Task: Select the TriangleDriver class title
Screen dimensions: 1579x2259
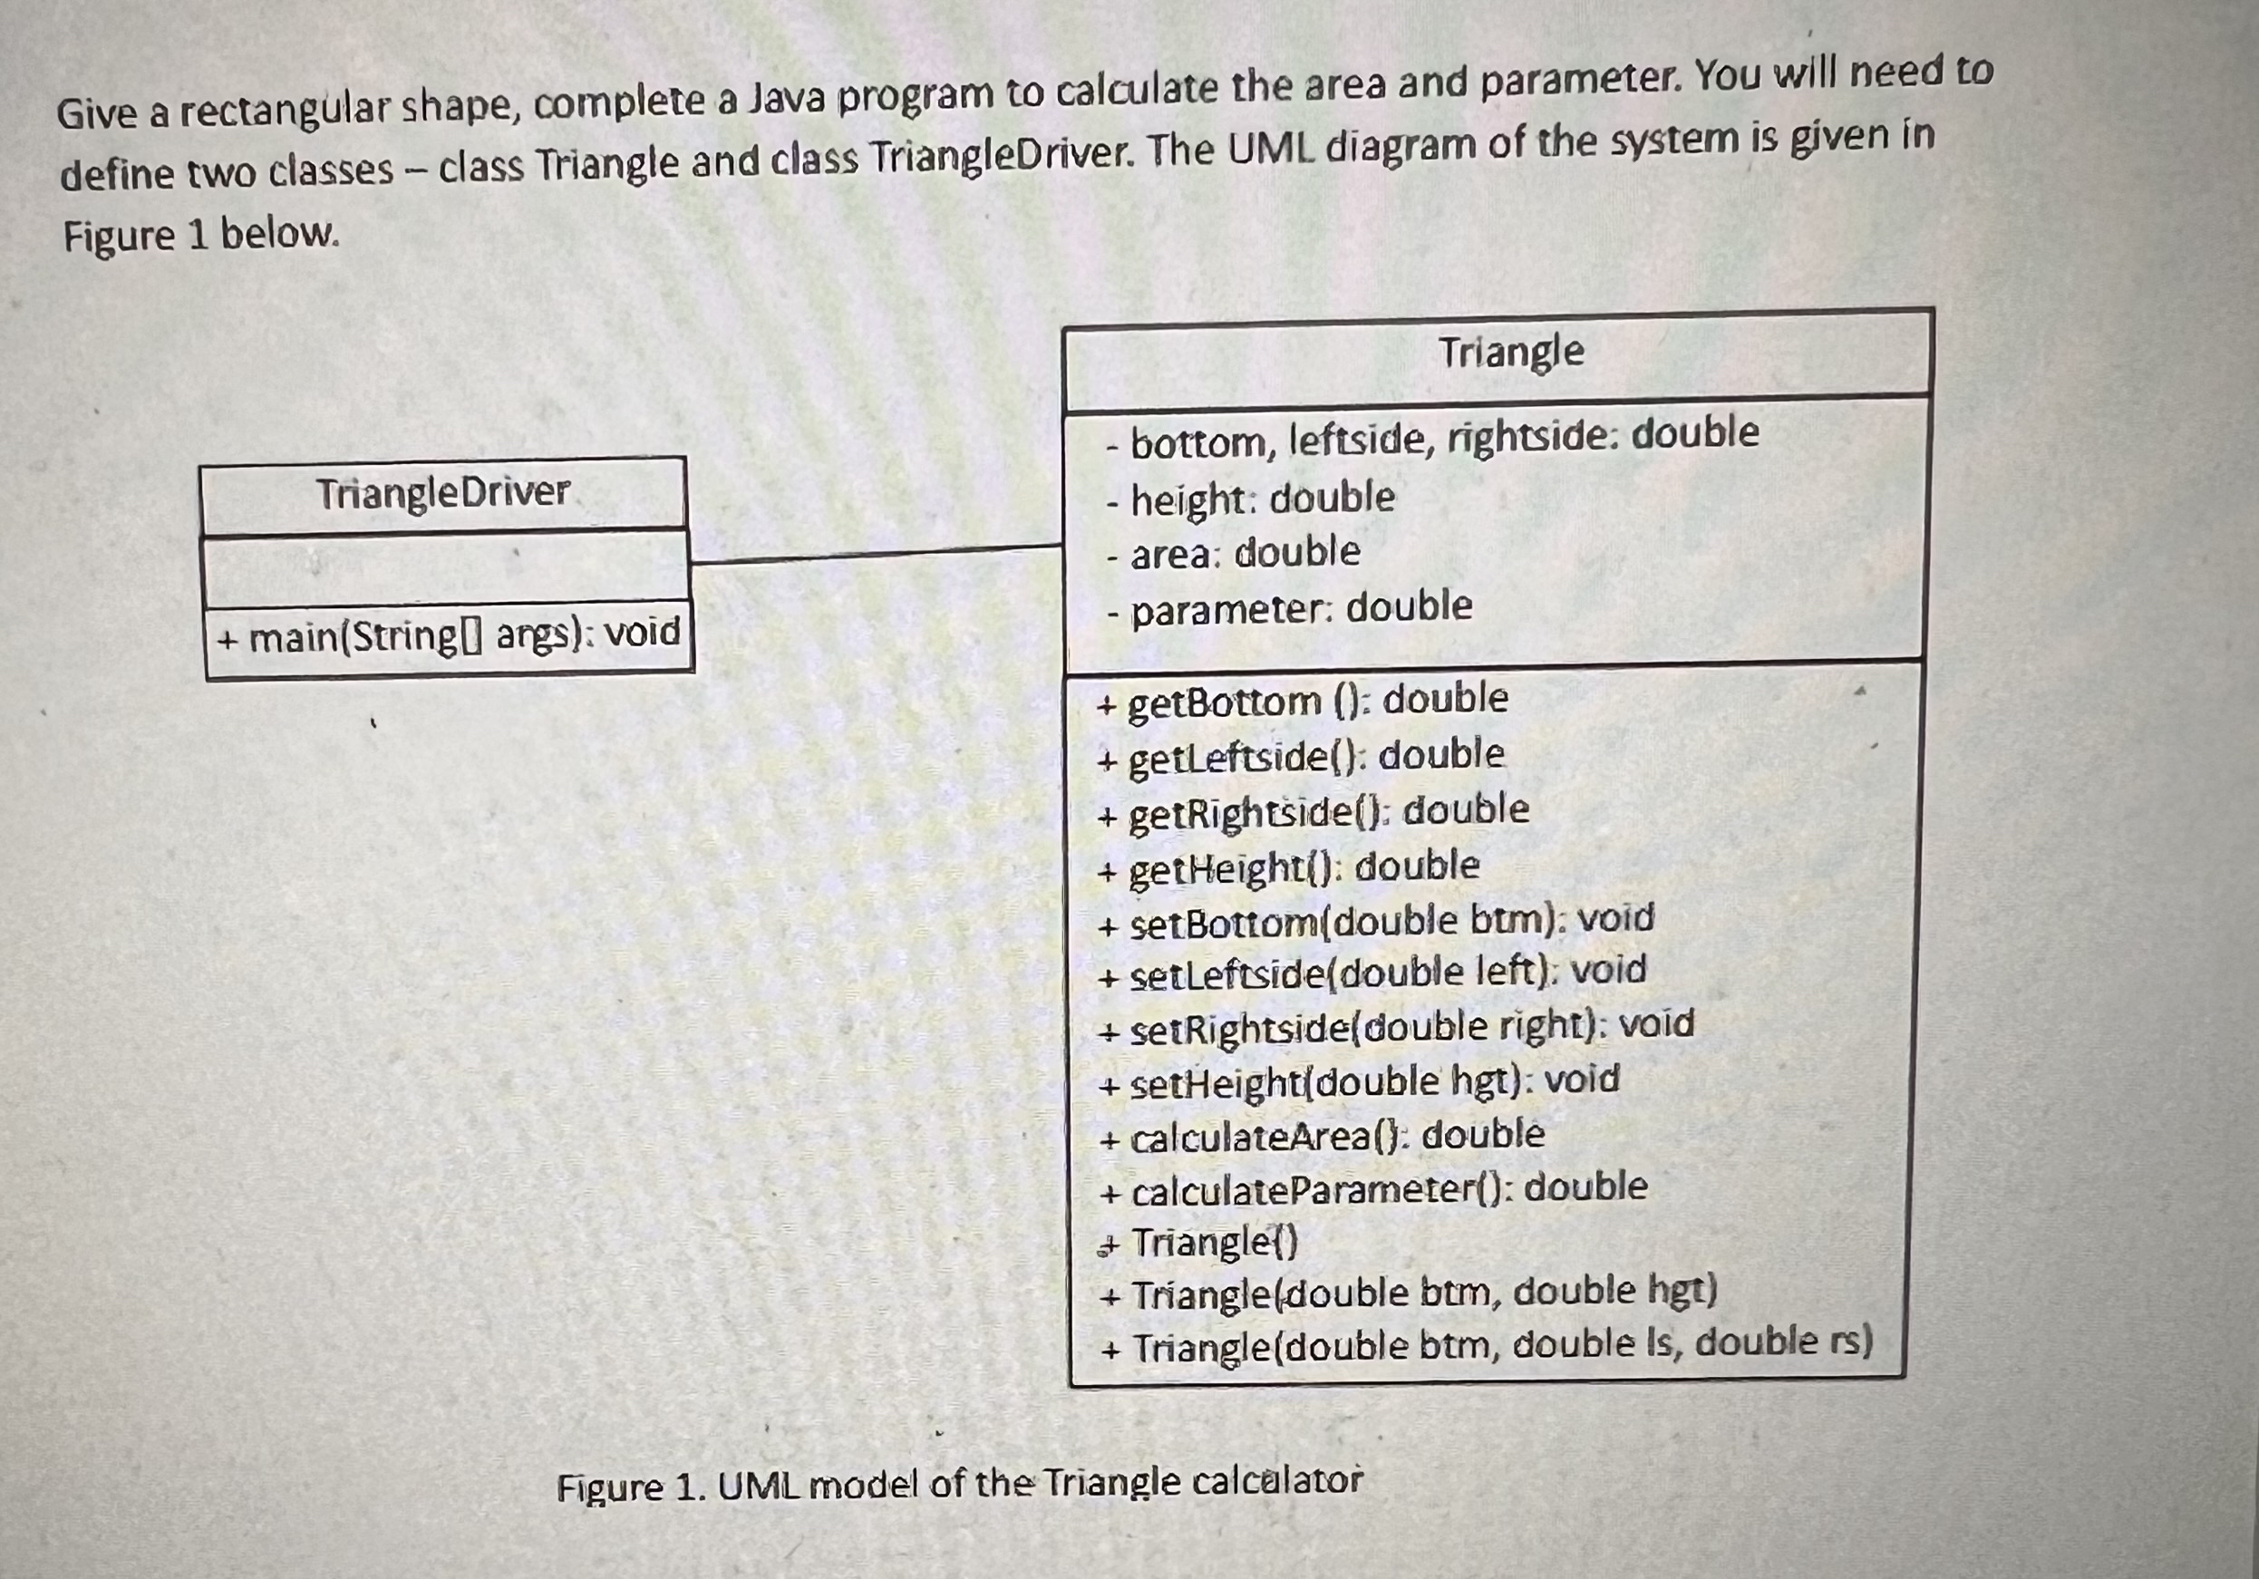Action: [x=442, y=492]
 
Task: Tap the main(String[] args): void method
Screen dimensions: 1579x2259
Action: [x=449, y=635]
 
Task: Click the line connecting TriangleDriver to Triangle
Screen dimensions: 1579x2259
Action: [x=876, y=554]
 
